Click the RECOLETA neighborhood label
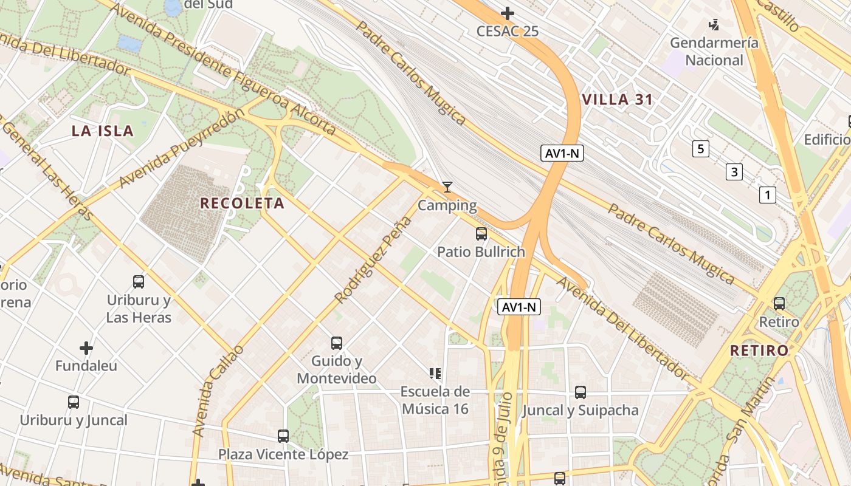pyautogui.click(x=242, y=204)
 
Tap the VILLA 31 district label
pyautogui.click(x=618, y=100)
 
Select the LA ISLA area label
pyautogui.click(x=102, y=131)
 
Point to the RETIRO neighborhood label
pyautogui.click(x=759, y=351)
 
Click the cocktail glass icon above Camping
pyautogui.click(x=447, y=187)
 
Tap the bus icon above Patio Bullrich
pyautogui.click(x=481, y=233)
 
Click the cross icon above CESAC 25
pyautogui.click(x=508, y=13)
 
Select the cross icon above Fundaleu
pyautogui.click(x=86, y=348)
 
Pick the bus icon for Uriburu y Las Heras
pyautogui.click(x=139, y=282)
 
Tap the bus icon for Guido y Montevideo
pyautogui.click(x=336, y=343)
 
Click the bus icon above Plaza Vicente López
pyautogui.click(x=283, y=436)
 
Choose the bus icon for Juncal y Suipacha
pyautogui.click(x=581, y=392)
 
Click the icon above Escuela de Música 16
pyautogui.click(x=435, y=373)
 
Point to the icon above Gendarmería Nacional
pyautogui.click(x=714, y=25)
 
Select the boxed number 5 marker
pyautogui.click(x=701, y=149)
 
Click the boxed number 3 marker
pyautogui.click(x=734, y=172)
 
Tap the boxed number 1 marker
pyautogui.click(x=768, y=195)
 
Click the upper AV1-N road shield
pyautogui.click(x=562, y=154)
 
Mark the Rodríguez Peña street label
pyautogui.click(x=373, y=260)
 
